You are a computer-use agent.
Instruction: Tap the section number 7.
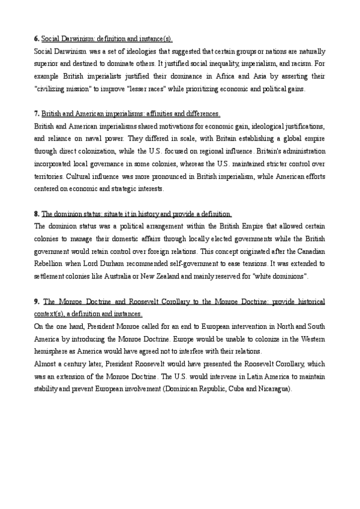[x=37, y=114]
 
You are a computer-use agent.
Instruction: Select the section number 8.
[x=37, y=214]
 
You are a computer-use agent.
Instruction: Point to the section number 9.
[x=37, y=302]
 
